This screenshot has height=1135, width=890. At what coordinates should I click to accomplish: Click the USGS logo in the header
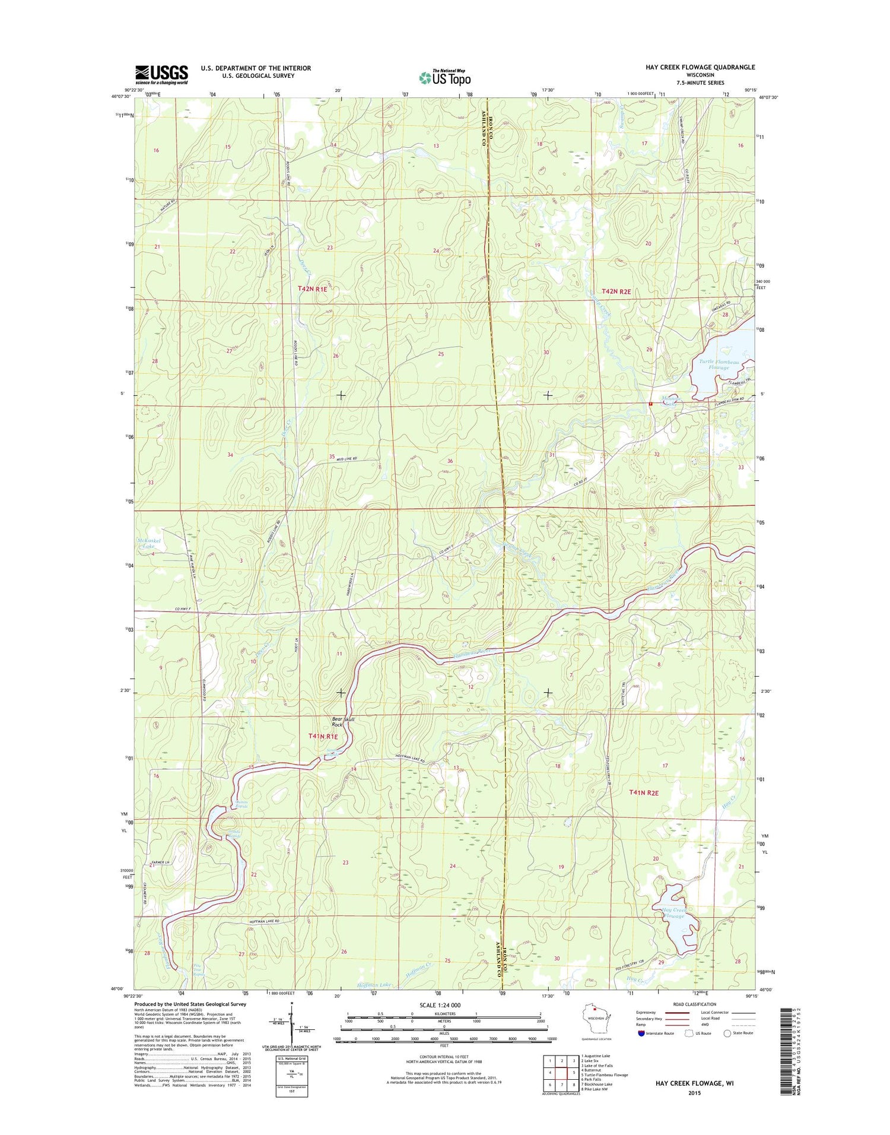click(161, 75)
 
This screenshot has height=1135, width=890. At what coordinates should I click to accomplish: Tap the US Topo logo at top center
click(445, 77)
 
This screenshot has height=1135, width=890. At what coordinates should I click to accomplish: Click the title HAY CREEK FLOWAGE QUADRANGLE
click(700, 67)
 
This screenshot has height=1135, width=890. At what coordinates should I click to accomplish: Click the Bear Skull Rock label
click(343, 721)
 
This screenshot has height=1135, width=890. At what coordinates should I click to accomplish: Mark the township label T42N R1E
click(312, 288)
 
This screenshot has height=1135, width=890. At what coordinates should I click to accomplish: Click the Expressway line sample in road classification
click(678, 1013)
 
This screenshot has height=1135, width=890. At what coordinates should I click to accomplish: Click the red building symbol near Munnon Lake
click(651, 404)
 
